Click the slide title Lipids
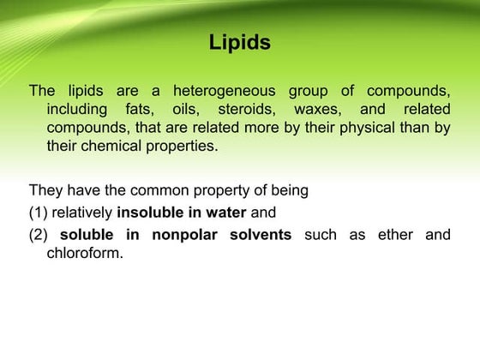point(240,42)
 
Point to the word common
point(155,190)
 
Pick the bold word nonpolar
point(187,235)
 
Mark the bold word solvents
point(261,235)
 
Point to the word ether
point(395,235)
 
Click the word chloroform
point(85,253)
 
